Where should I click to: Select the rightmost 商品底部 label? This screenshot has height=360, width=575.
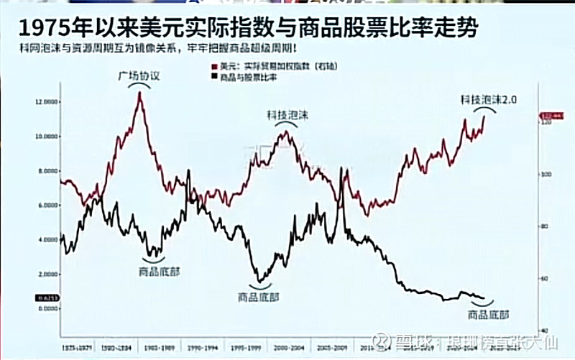488,314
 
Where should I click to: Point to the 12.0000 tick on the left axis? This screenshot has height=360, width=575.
46,102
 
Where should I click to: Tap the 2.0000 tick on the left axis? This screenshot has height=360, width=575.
46,274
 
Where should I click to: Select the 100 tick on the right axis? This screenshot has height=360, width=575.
545,175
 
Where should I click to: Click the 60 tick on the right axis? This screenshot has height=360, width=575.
545,278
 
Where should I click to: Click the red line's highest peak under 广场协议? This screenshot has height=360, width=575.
139,93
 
